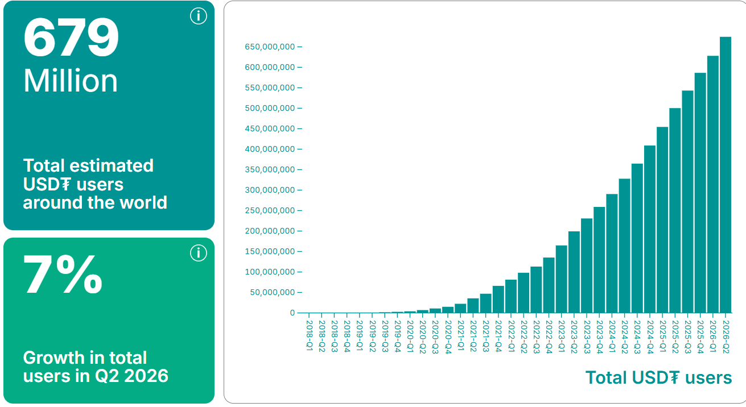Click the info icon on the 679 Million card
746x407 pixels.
[199, 16]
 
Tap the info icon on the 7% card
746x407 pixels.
[199, 253]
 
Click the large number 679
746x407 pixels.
[71, 38]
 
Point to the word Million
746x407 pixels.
[71, 81]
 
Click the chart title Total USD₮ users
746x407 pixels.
[658, 377]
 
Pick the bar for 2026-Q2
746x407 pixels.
[726, 175]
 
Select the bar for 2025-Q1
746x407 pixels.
[662, 220]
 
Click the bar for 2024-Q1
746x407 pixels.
[612, 254]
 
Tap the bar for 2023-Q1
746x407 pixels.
[562, 279]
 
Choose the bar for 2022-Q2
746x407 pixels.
[524, 293]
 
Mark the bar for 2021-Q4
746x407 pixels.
[498, 300]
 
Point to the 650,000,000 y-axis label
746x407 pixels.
[270, 47]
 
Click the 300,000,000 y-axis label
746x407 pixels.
[270, 190]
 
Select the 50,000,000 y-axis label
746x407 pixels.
[273, 292]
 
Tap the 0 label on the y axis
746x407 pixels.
[292, 313]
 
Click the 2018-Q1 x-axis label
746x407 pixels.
[310, 335]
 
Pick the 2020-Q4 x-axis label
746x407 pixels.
[448, 337]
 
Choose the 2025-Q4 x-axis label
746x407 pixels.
[700, 337]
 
